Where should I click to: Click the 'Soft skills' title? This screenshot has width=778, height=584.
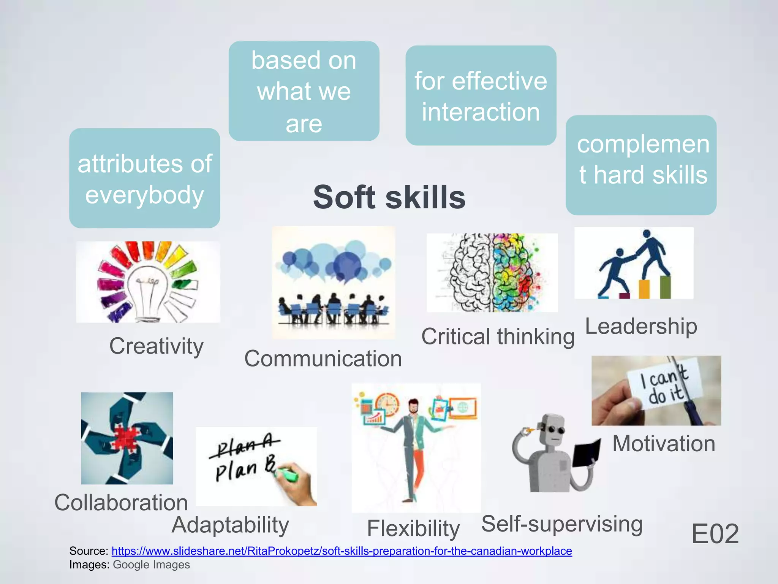pos(389,197)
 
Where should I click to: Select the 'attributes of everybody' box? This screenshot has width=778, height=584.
pos(144,178)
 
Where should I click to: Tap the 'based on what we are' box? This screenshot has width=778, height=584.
pos(304,91)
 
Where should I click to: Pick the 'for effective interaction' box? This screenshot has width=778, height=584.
pos(481,96)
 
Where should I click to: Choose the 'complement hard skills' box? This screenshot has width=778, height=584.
pos(641,165)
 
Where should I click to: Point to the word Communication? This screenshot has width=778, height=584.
pos(323,359)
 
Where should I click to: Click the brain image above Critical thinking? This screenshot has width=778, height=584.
pos(492,273)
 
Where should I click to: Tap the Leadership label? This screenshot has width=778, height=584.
pos(641,326)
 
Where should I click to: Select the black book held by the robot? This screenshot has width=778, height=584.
pos(587,452)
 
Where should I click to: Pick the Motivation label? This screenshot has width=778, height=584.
pos(664,444)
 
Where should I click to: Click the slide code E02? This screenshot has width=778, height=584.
pos(715,534)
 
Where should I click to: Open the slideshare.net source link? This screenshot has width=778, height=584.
pos(342,551)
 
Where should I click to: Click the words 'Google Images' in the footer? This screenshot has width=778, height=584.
pos(151,565)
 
